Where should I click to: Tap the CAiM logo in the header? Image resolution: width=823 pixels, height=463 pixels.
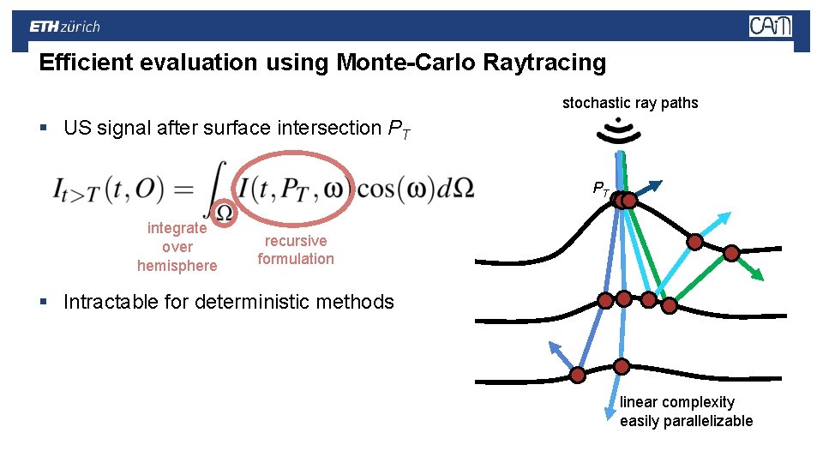point(770,27)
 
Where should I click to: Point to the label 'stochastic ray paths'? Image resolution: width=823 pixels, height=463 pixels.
point(630,103)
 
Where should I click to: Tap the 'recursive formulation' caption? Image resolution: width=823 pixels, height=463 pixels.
point(296,250)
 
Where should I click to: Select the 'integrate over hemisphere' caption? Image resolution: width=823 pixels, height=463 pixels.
point(177,247)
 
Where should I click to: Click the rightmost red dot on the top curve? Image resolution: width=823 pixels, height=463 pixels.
point(731,253)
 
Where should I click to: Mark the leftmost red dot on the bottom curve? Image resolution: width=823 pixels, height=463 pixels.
point(578,375)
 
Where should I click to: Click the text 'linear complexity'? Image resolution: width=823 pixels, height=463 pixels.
point(677,402)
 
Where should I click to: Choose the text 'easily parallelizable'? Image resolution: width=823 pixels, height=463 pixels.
point(686,421)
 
